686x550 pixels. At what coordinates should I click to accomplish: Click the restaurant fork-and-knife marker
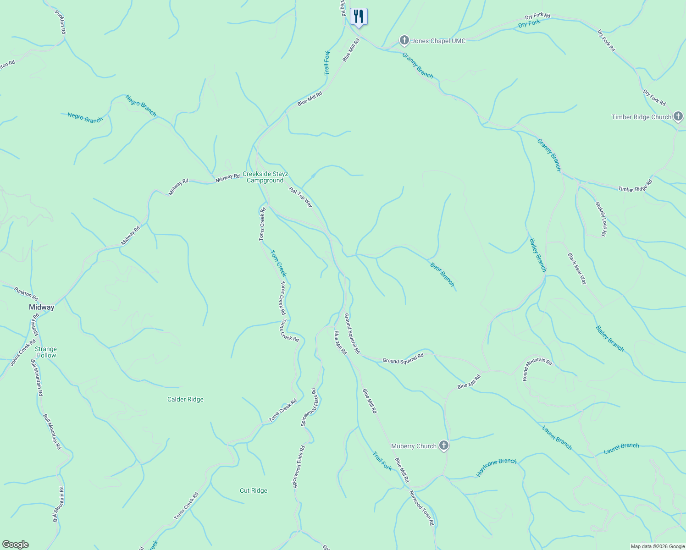point(359,17)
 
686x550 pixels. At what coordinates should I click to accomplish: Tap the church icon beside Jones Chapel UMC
point(404,41)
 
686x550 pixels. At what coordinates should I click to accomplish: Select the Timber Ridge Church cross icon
point(678,116)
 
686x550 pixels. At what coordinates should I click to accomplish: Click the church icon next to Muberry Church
point(443,445)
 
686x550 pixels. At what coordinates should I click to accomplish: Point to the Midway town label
point(41,307)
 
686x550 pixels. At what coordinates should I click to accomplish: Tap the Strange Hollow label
point(46,352)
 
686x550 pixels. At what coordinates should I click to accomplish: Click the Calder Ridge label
point(185,399)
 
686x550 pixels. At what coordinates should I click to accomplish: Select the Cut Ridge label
point(253,490)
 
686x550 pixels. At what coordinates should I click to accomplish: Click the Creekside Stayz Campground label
point(265,177)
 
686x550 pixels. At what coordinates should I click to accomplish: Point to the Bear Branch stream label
point(443,274)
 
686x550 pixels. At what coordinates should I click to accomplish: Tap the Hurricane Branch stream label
point(496,467)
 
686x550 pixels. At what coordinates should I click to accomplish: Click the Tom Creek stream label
point(278,263)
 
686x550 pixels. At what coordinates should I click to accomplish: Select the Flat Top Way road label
point(300,197)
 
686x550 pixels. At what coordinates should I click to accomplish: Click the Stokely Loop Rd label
point(601,219)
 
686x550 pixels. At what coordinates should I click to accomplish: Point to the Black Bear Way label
point(577,269)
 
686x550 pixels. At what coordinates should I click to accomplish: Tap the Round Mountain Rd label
point(537,368)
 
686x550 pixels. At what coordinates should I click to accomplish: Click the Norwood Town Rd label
point(421,508)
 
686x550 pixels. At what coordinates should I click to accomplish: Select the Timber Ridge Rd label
point(635,186)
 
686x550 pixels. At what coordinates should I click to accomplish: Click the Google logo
point(16,544)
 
